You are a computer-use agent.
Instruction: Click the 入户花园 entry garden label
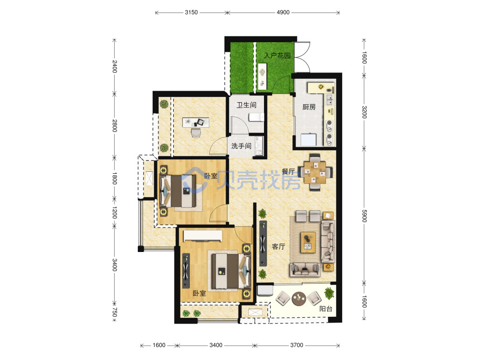click(x=277, y=55)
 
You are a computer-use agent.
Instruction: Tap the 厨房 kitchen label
click(x=309, y=107)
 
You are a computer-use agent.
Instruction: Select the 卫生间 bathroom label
click(x=246, y=105)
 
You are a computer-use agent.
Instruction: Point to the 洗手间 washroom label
click(x=241, y=146)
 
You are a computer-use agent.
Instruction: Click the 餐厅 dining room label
click(x=288, y=172)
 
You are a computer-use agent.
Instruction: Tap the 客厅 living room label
click(x=278, y=246)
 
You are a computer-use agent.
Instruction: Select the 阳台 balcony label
click(x=326, y=309)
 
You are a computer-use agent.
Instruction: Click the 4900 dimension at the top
click(x=283, y=12)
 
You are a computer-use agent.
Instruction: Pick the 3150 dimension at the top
click(x=191, y=12)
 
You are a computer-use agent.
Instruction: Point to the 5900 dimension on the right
click(x=364, y=216)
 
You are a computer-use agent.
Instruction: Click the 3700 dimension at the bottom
click(x=297, y=345)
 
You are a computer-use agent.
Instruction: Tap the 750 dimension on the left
click(x=114, y=312)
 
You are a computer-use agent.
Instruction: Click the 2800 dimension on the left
click(x=114, y=125)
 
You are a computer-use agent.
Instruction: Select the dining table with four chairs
click(x=315, y=172)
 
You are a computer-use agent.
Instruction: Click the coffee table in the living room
click(x=308, y=242)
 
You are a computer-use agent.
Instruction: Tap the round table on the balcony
click(x=299, y=299)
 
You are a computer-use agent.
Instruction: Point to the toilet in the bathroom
click(x=256, y=117)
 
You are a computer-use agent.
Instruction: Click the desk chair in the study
click(x=196, y=133)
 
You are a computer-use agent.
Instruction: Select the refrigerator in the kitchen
click(x=308, y=140)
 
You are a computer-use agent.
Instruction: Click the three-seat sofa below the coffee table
click(x=305, y=269)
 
